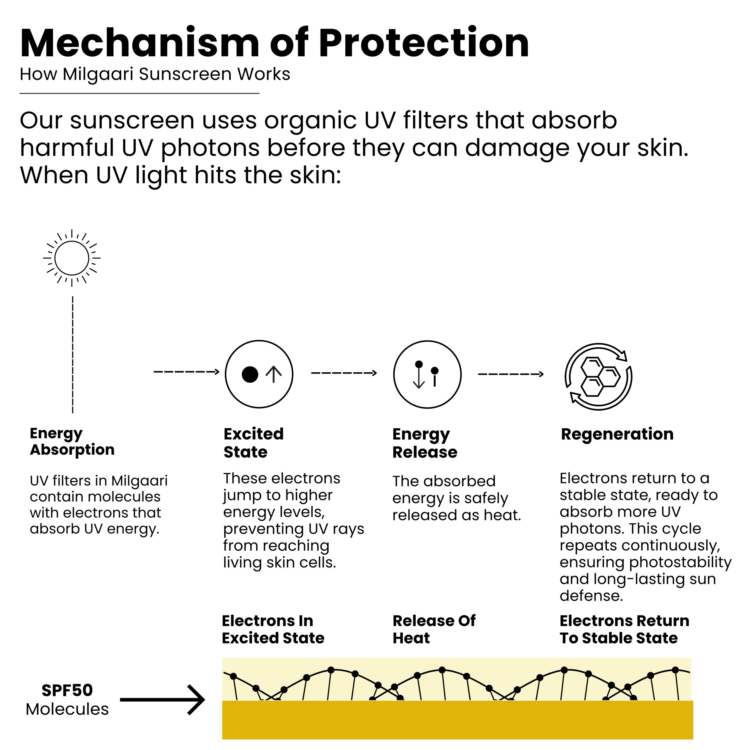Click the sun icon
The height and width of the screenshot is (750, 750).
72,258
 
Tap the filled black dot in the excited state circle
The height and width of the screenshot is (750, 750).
250,375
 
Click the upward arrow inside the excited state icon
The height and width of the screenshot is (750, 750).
274,375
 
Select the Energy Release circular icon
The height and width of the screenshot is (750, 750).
427,375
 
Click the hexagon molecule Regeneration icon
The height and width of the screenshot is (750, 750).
598,376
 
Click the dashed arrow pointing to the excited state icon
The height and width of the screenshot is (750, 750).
186,372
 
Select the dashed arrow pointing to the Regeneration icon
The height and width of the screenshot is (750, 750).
510,374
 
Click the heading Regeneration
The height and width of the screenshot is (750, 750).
617,434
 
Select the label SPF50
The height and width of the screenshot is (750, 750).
67,690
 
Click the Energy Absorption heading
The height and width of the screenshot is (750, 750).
72,442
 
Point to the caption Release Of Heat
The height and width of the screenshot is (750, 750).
434,629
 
